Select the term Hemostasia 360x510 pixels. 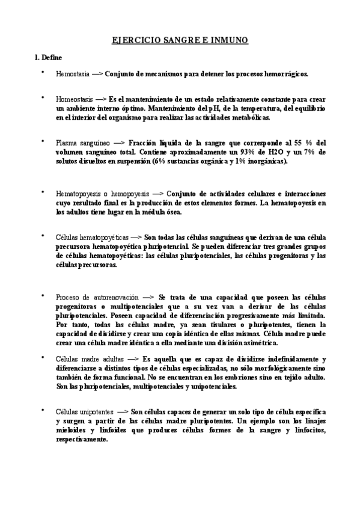tap(72, 75)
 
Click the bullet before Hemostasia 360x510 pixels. tap(42, 73)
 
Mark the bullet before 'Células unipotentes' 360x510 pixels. tap(42, 411)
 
